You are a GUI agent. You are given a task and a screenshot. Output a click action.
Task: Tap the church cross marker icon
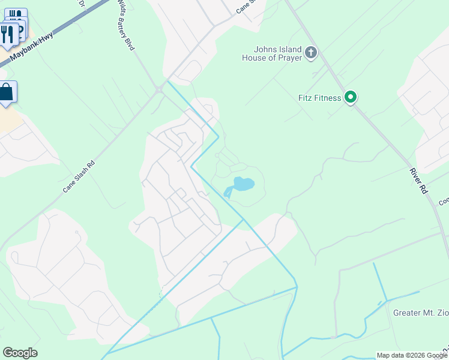coord(311,53)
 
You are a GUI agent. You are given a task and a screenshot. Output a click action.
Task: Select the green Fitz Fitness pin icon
coord(351,97)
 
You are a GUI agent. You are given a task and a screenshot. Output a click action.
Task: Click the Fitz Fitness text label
coord(320,98)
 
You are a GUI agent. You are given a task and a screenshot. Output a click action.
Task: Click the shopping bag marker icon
coord(7,93)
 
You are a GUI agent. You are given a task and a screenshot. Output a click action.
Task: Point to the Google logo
coord(20,353)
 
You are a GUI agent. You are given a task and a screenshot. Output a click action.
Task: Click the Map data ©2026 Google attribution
coord(412,355)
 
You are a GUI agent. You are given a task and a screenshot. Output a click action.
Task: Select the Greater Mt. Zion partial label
coord(421,313)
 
